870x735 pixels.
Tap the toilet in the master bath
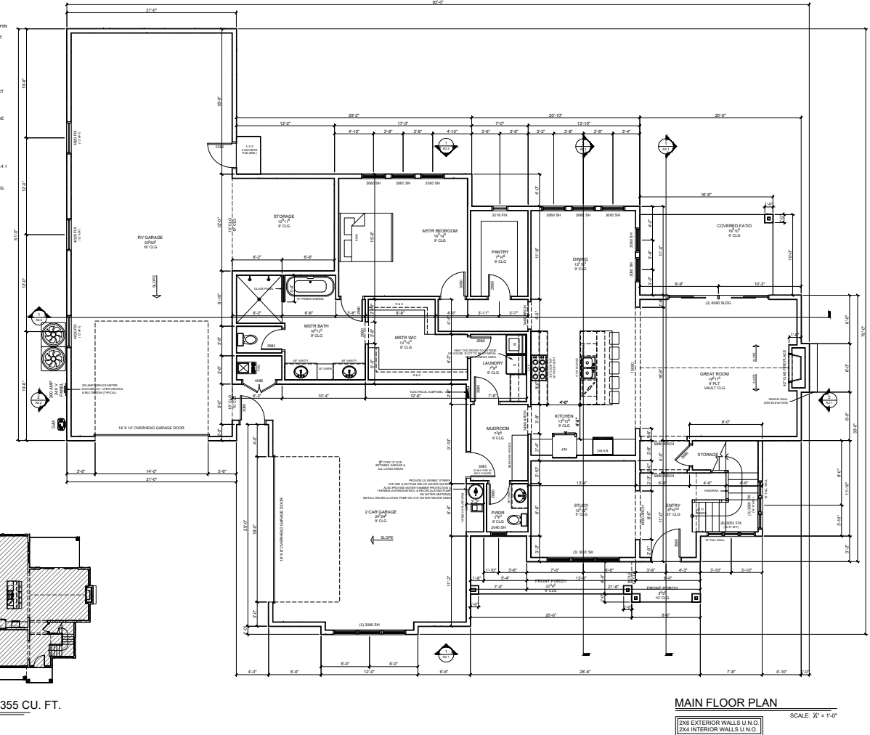(x=247, y=339)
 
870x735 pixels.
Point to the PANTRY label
(x=500, y=252)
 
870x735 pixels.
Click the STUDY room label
(x=580, y=505)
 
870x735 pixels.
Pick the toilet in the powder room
(x=514, y=519)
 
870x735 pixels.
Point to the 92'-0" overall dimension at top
(x=437, y=3)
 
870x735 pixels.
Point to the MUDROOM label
(x=498, y=429)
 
